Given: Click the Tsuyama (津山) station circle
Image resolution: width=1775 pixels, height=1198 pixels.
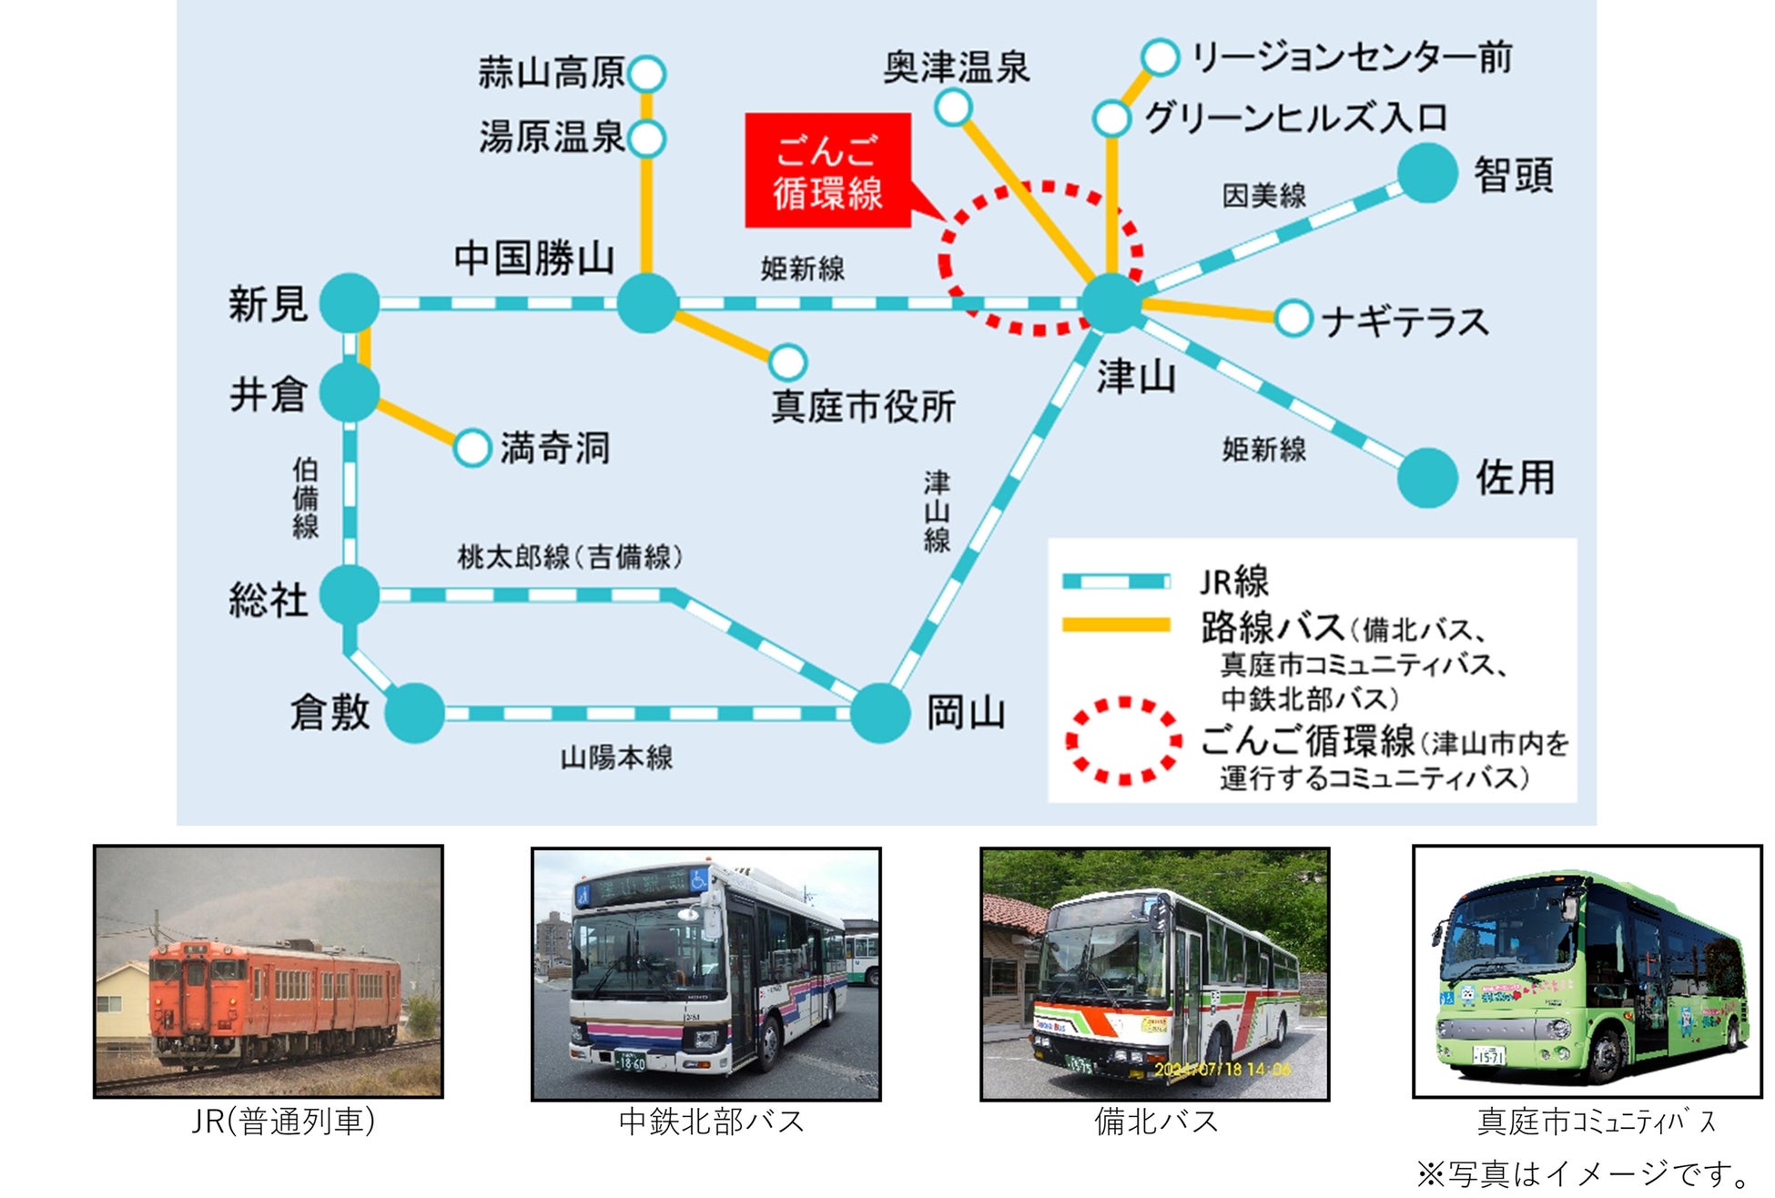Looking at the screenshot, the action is click(x=1111, y=302).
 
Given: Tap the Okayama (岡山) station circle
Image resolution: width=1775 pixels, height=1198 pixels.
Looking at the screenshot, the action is click(x=880, y=713).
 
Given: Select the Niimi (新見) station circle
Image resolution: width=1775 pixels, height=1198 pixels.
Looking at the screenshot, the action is click(x=350, y=302).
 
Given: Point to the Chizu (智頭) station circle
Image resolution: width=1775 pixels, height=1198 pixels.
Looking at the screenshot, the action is click(x=1427, y=173).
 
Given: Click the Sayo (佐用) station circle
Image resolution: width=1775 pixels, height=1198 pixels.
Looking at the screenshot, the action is click(x=1427, y=477).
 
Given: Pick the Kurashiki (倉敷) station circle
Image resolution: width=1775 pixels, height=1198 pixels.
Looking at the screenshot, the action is click(x=415, y=713).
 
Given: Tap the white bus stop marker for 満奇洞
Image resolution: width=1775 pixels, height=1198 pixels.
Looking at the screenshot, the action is click(x=472, y=448).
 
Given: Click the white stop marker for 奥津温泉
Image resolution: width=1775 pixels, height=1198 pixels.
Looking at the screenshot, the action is click(x=953, y=107).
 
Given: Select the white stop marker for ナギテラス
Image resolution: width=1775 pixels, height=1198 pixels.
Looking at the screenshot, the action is click(x=1293, y=319).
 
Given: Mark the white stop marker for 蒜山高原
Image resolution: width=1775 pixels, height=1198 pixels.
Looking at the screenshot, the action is click(x=646, y=74).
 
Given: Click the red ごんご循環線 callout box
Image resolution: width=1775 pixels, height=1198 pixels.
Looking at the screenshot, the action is click(x=827, y=170).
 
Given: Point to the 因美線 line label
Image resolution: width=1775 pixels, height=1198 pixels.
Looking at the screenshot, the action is click(x=1263, y=195).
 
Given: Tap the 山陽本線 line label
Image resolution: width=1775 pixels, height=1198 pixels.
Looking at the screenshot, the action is click(x=616, y=757).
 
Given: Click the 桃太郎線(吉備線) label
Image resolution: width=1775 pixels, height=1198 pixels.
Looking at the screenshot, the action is click(x=570, y=556).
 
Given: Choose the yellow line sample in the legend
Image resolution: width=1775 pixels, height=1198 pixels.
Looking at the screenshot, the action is click(x=1116, y=624).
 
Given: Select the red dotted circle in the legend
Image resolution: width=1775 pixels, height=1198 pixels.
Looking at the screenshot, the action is click(x=1124, y=741).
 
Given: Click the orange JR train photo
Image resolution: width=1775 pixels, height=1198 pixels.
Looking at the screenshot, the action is click(x=269, y=971).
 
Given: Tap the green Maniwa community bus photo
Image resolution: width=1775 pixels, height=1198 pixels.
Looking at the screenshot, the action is click(x=1587, y=971).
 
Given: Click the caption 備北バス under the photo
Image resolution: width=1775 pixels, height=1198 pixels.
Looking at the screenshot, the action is click(x=1155, y=1122).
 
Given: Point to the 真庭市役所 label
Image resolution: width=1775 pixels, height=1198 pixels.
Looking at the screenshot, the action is click(x=863, y=406).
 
